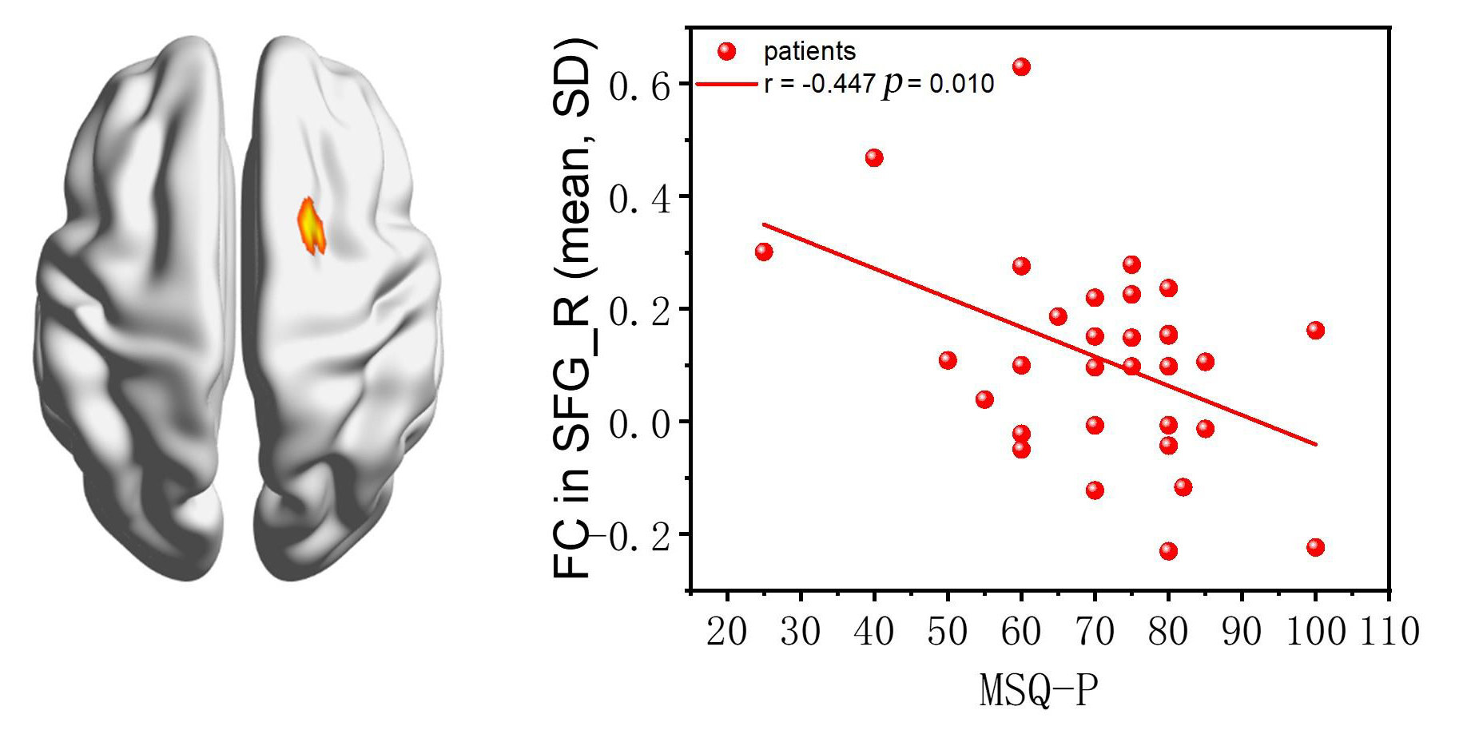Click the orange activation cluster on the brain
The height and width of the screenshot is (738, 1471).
pyautogui.click(x=311, y=226)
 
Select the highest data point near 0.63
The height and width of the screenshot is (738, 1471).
pyautogui.click(x=1021, y=67)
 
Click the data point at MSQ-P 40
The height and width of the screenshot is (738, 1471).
pyautogui.click(x=874, y=157)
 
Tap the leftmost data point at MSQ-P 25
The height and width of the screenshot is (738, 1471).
pyautogui.click(x=764, y=252)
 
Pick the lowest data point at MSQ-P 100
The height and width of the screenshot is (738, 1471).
pyautogui.click(x=1315, y=547)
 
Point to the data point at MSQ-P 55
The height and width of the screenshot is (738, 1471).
pyautogui.click(x=984, y=399)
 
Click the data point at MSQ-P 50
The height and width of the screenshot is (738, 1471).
pyautogui.click(x=948, y=360)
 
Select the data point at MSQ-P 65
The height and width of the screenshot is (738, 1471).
pyautogui.click(x=1058, y=316)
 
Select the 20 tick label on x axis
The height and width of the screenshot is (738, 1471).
pyautogui.click(x=727, y=632)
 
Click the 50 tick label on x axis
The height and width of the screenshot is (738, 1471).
pyautogui.click(x=948, y=632)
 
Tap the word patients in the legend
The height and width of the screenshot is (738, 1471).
pyautogui.click(x=809, y=52)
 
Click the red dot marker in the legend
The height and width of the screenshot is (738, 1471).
pyautogui.click(x=726, y=52)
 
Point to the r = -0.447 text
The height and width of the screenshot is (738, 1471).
pyautogui.click(x=820, y=83)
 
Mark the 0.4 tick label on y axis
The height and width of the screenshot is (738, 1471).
pyautogui.click(x=638, y=198)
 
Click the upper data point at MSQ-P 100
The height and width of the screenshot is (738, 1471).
pyautogui.click(x=1315, y=330)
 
